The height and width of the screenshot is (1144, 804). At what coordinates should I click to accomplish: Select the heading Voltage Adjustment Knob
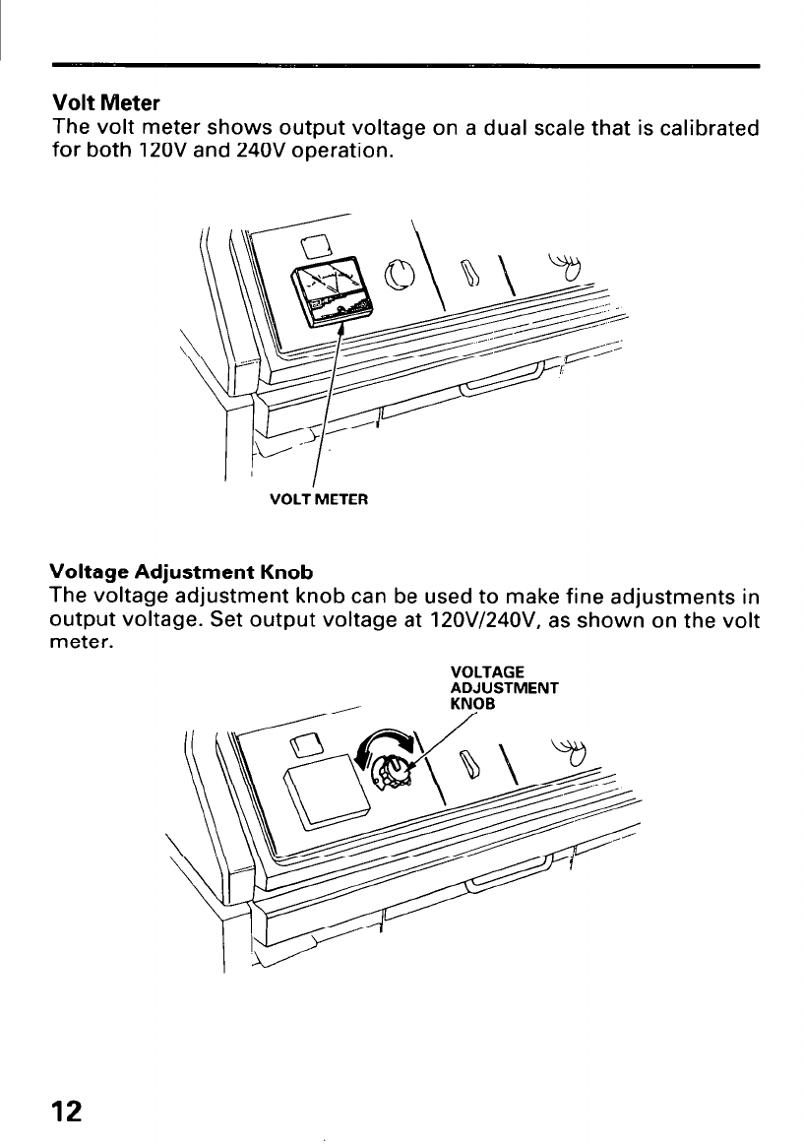tap(182, 572)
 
